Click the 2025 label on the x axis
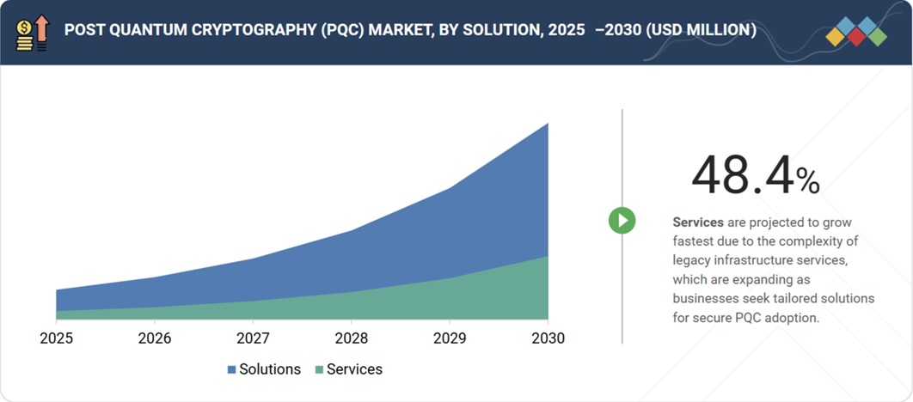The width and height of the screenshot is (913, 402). [x=57, y=338]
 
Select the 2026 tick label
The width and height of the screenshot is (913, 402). [x=155, y=338]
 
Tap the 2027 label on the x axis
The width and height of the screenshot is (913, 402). [x=253, y=338]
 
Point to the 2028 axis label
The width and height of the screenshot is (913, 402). [x=352, y=338]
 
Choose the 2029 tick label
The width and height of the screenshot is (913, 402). [x=450, y=338]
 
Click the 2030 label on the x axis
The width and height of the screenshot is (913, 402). [x=548, y=338]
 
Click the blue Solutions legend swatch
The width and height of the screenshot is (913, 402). [x=231, y=370]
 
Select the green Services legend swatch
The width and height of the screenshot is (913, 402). [x=320, y=370]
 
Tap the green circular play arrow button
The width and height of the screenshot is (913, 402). [x=622, y=221]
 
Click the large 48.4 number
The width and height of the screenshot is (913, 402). [x=742, y=176]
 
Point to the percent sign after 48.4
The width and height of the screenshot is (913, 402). [x=807, y=180]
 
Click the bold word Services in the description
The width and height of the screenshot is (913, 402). [x=698, y=222]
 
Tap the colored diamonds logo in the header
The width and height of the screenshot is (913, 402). [x=855, y=32]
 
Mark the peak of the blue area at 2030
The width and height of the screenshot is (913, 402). [x=547, y=125]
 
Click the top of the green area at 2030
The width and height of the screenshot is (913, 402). [x=547, y=257]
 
